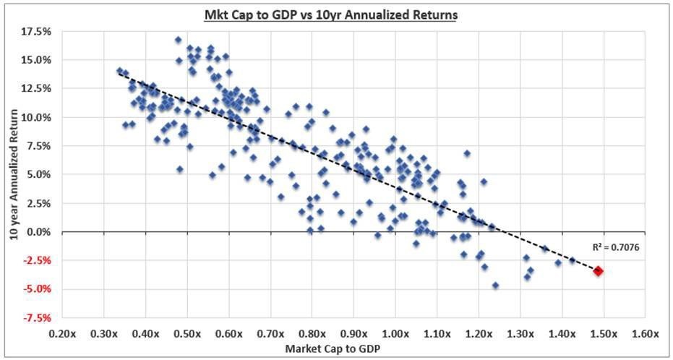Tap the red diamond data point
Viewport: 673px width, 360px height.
tap(599, 271)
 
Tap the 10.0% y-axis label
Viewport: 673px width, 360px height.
tap(38, 117)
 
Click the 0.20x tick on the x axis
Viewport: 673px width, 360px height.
tap(62, 335)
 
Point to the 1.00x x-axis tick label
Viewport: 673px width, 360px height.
tap(395, 335)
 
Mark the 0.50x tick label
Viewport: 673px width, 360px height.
tap(187, 335)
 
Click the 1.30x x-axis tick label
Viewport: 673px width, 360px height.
tap(520, 335)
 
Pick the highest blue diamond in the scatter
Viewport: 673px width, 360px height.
tap(179, 40)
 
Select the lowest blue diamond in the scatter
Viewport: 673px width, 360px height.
tap(495, 286)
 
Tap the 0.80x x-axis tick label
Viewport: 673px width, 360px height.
tap(312, 335)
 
